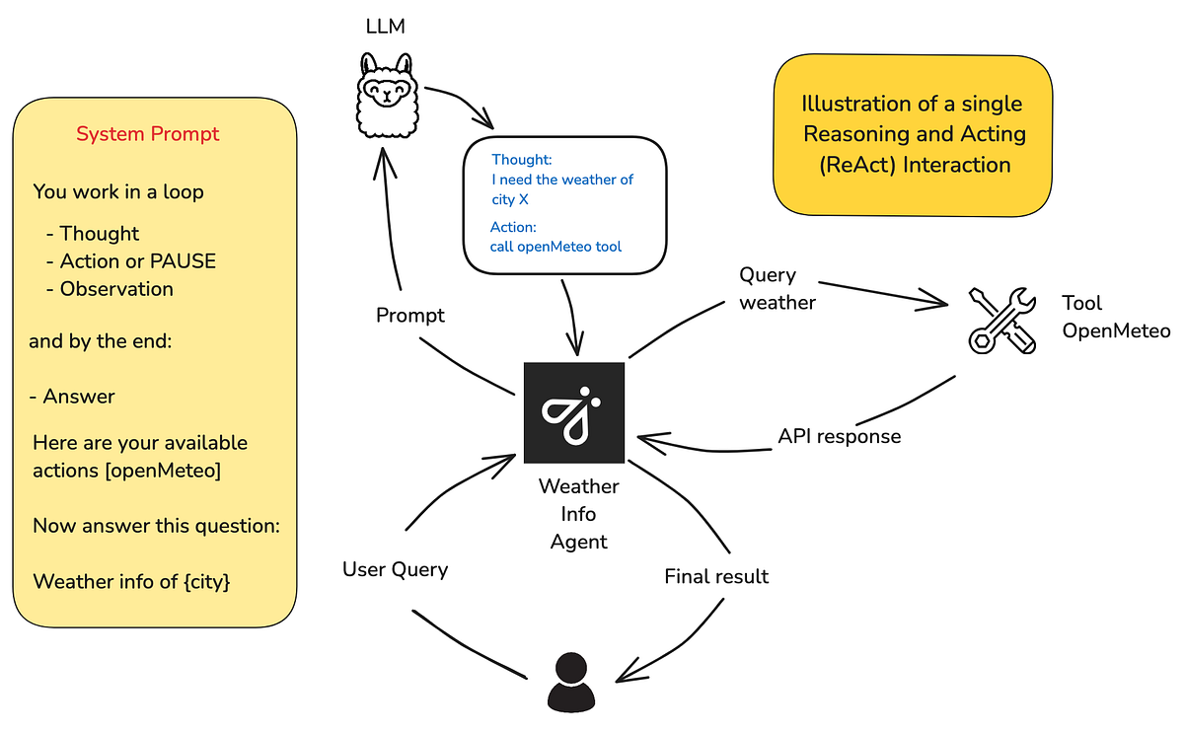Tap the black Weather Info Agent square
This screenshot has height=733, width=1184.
574,412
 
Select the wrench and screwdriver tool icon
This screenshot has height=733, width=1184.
1000,319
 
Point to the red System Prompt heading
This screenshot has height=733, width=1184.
148,134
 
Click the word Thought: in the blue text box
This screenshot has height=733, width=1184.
522,159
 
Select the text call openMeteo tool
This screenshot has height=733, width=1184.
555,247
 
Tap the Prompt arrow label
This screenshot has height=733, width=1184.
410,316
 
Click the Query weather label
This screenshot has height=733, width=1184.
777,289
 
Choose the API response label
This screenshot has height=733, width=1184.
839,435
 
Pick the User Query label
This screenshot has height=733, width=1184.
395,569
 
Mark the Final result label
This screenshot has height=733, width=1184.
716,576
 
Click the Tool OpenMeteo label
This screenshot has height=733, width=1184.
1115,317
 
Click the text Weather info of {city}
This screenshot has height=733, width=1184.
131,581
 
